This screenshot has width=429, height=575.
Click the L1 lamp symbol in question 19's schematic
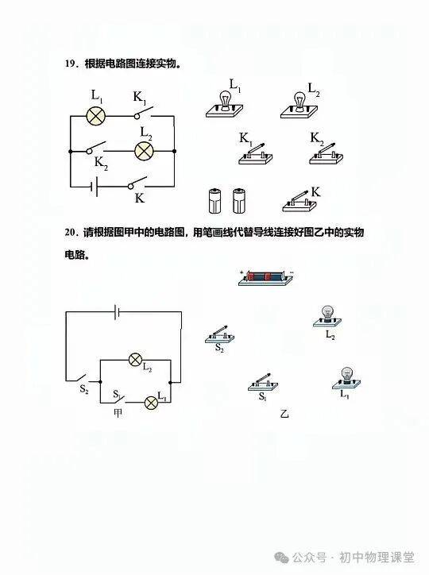click(95, 116)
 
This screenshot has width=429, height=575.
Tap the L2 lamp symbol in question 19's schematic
click(145, 151)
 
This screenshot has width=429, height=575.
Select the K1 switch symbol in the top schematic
click(143, 113)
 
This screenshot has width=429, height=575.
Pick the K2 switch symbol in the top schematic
click(96, 148)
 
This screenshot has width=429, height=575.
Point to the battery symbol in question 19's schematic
click(94, 187)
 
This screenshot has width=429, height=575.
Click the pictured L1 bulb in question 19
click(224, 105)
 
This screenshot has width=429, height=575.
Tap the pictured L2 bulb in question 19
click(300, 106)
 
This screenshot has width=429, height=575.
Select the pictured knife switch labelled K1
click(256, 154)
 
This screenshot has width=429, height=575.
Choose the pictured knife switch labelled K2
click(327, 153)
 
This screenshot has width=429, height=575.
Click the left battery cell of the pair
click(215, 201)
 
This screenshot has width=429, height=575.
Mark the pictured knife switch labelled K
click(300, 202)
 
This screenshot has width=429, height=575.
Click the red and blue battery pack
click(266, 278)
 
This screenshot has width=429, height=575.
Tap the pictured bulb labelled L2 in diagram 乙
click(327, 317)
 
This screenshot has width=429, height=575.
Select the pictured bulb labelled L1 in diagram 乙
click(346, 379)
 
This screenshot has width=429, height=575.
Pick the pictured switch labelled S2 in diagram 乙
click(219, 334)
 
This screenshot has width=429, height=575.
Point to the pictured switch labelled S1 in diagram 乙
click(263, 383)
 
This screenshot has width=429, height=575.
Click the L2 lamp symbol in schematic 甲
click(135, 360)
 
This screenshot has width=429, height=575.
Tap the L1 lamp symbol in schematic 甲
click(151, 403)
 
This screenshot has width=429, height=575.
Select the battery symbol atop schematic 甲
click(117, 311)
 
